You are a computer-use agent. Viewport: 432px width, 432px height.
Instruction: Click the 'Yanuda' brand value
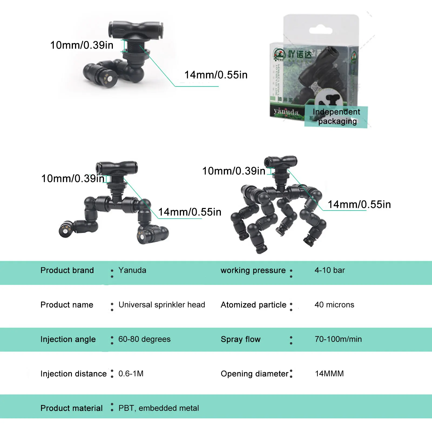132,270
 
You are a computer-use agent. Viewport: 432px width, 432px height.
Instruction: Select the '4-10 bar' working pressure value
329,270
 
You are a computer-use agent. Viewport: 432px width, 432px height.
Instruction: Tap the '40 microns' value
334,305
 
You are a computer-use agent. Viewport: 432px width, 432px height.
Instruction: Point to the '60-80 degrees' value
144,339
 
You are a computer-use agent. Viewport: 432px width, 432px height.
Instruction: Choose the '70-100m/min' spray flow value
338,339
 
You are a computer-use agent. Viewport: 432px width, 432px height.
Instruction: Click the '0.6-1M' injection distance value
131,374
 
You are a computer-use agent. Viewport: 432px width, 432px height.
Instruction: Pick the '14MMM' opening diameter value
329,374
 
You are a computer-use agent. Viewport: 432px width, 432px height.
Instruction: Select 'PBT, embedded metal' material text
158,408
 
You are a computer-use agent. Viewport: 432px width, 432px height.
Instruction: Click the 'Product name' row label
67,305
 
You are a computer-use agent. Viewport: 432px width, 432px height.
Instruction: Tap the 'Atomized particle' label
253,305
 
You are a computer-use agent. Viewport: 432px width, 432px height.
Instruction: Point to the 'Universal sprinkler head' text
162,305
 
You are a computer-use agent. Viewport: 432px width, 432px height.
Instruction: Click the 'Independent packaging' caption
336,116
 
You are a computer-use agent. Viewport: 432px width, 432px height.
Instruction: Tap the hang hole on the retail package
320,30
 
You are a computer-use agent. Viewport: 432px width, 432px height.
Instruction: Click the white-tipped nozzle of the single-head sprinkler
110,79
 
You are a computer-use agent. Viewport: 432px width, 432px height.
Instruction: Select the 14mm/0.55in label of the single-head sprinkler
216,75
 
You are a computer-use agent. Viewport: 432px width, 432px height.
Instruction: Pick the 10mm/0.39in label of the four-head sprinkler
234,171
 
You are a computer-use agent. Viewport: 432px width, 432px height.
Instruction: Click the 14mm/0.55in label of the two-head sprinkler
190,212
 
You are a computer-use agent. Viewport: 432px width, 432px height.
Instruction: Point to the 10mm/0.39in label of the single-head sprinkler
82,45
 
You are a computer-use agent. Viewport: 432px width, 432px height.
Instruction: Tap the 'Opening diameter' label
254,374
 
